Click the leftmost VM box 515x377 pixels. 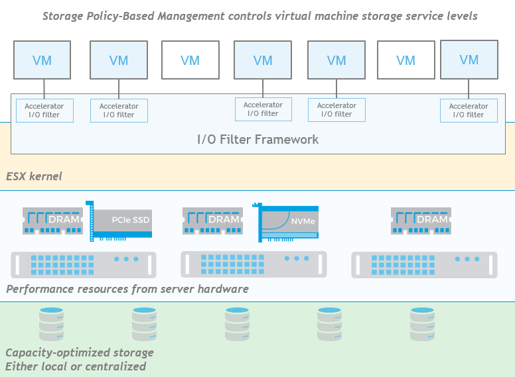point(42,60)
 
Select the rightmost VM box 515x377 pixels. point(469,60)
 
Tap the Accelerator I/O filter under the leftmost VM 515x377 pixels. point(44,111)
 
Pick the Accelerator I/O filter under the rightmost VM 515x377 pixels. point(469,111)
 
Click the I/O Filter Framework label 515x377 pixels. point(257,139)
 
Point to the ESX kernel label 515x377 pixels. point(34,176)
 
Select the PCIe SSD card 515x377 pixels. point(119,221)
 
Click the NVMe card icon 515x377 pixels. point(285,223)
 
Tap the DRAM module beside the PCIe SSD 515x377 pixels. point(52,221)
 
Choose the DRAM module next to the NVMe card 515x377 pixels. point(212,221)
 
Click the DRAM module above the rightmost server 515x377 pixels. point(421,221)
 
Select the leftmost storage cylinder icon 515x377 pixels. point(51,324)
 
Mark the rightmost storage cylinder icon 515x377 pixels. point(422,324)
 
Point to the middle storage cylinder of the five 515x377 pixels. point(237,324)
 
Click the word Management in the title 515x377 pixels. point(191,16)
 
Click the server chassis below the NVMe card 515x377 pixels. point(254,264)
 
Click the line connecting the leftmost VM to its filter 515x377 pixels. point(44,89)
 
